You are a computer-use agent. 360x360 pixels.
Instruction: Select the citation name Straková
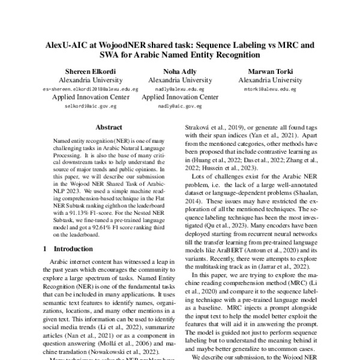[x=196, y=128]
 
